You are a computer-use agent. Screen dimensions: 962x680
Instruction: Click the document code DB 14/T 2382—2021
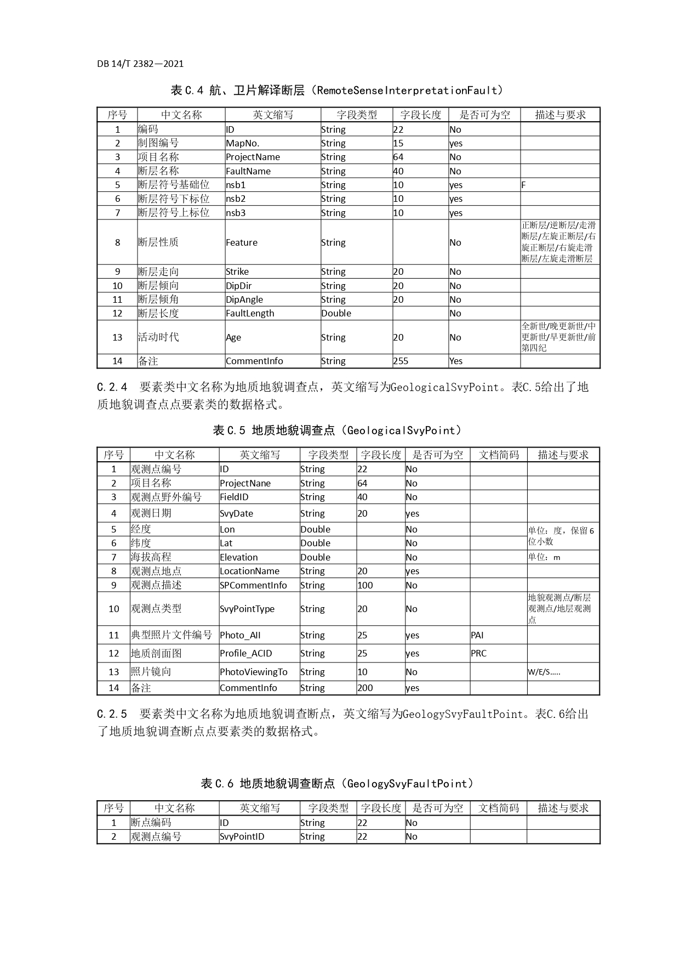click(x=140, y=64)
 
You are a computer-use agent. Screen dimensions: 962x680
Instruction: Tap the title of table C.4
click(x=336, y=90)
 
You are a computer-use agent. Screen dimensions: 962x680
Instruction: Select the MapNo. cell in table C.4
click(x=243, y=143)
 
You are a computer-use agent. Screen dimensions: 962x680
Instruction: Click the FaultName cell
click(x=248, y=171)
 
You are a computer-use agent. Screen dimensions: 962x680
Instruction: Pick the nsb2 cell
click(x=236, y=199)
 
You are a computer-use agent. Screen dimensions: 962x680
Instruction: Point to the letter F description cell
click(x=524, y=185)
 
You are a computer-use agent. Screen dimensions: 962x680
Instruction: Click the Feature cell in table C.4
click(x=242, y=242)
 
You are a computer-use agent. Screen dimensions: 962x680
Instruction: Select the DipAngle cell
click(x=244, y=299)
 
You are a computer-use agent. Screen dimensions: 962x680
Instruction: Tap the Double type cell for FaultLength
click(x=336, y=313)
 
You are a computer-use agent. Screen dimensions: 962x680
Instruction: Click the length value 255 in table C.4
click(x=401, y=361)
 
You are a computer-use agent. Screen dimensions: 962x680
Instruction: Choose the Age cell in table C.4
click(x=233, y=337)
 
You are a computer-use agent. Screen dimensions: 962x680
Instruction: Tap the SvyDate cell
click(x=237, y=513)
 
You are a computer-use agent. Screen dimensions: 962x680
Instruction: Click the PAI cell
click(x=477, y=635)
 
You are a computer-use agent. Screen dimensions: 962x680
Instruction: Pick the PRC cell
click(x=478, y=653)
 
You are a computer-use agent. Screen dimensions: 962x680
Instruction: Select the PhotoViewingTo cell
click(x=253, y=672)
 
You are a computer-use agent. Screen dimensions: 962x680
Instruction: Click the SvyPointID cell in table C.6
click(x=242, y=836)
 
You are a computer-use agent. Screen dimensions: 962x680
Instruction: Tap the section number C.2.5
click(x=112, y=714)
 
